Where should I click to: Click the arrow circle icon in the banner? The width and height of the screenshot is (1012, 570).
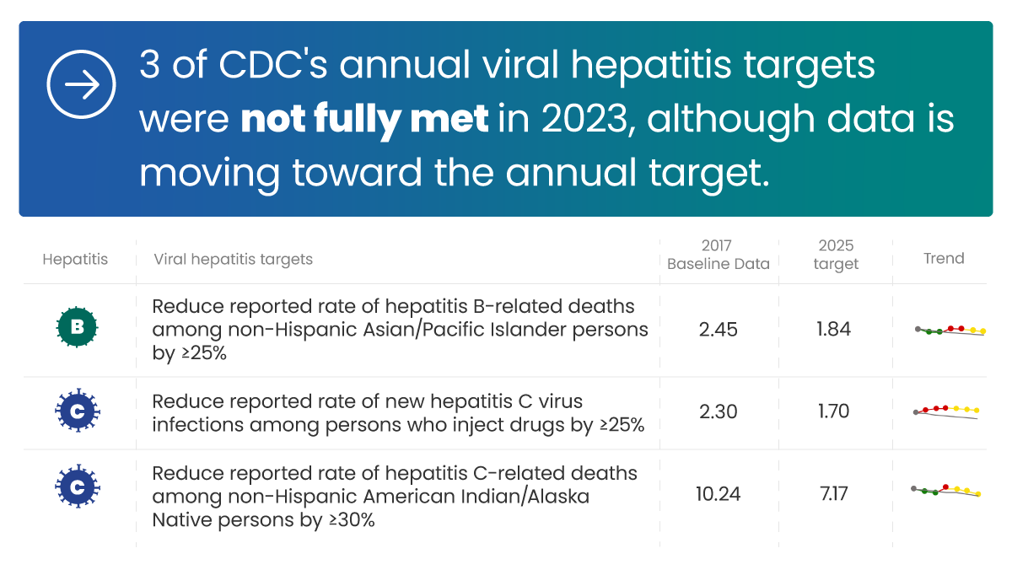[x=80, y=85]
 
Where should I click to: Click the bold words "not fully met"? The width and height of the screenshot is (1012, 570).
[x=364, y=120]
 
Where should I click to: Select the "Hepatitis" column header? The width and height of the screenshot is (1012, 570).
[x=75, y=259]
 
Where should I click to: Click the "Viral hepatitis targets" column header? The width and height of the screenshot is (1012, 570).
[x=233, y=259]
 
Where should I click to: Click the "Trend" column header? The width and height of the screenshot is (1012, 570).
[x=944, y=259]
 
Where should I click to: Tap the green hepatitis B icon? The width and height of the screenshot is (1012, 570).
[x=77, y=329]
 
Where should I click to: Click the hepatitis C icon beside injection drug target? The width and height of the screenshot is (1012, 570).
[x=77, y=411]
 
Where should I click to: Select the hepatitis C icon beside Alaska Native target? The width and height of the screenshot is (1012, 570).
[x=77, y=487]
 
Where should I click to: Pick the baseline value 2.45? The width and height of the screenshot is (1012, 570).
[x=718, y=329]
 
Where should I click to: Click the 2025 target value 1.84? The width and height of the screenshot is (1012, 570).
[x=833, y=329]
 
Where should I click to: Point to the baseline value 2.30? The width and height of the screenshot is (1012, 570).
[x=718, y=411]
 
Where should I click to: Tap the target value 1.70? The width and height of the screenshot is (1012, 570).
[x=833, y=411]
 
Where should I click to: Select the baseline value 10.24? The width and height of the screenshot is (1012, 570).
[x=718, y=493]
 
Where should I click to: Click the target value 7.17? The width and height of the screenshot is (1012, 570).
[x=833, y=493]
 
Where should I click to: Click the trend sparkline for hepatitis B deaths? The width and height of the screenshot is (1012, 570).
[x=950, y=331]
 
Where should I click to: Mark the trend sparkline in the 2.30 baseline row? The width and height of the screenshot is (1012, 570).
[x=946, y=411]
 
